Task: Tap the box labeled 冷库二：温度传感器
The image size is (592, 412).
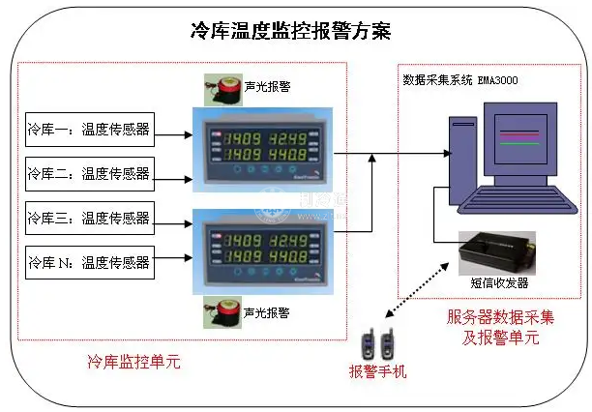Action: coord(88,175)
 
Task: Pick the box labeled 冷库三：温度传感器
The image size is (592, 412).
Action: coord(88,219)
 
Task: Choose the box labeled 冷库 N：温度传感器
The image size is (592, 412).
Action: coord(88,262)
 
